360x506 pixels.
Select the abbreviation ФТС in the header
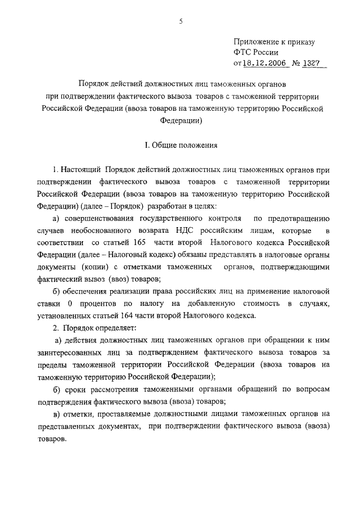coord(243,53)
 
